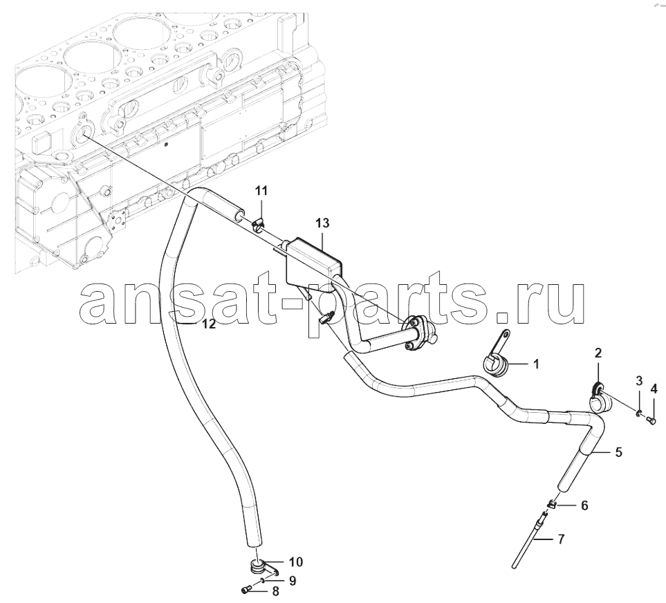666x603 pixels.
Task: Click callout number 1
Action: pos(535,364)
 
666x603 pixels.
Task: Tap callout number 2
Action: pos(598,353)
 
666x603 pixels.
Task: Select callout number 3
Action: pos(639,381)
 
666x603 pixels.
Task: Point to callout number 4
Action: pos(654,389)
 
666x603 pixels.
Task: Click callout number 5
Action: pos(618,452)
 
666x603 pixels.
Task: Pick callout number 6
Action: pos(584,505)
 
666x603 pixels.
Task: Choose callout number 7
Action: pos(561,539)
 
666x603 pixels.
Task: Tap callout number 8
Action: pos(275,591)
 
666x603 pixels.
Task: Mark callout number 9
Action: pos(293,580)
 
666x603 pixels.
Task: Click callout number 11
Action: pos(261,191)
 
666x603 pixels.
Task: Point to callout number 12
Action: pos(209,324)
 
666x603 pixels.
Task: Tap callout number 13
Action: pos(322,223)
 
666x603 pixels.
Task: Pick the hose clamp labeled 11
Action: pos(259,225)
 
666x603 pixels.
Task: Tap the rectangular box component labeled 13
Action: pos(313,263)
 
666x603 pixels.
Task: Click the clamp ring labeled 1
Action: pos(495,361)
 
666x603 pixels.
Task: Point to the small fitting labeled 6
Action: pos(552,504)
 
